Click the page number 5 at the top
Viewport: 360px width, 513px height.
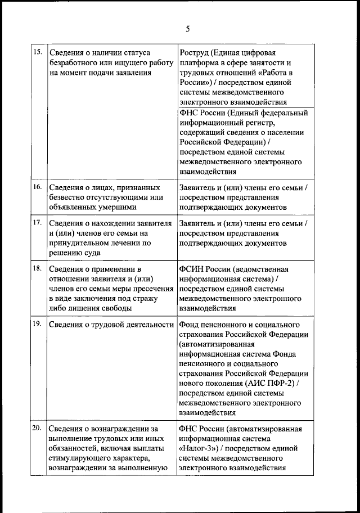[188, 29]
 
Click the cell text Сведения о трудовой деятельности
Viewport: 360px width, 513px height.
[110, 325]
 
